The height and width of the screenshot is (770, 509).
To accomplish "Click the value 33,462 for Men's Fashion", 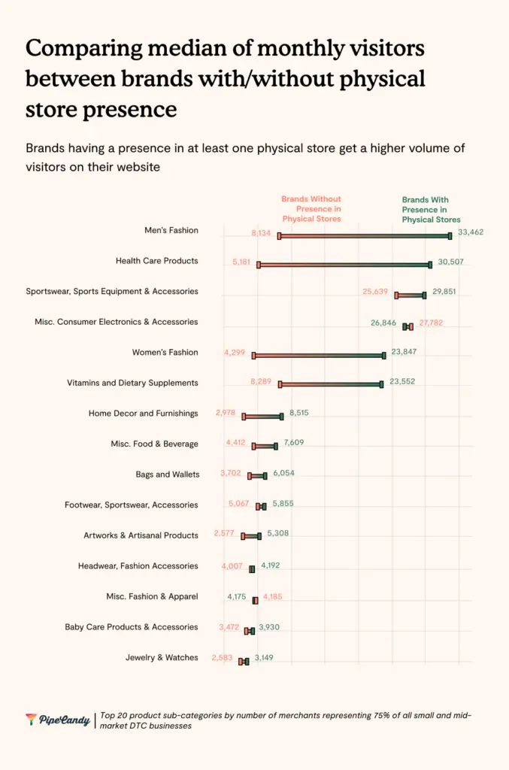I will [x=471, y=232].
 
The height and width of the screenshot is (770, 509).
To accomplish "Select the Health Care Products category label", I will [x=156, y=261].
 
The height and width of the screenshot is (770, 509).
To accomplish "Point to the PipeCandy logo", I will [x=58, y=720].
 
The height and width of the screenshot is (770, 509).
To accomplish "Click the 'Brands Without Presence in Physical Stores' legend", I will [x=311, y=209].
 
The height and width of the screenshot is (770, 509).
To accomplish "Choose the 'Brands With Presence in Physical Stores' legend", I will [x=431, y=210].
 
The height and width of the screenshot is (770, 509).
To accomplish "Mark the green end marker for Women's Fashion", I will [x=383, y=355].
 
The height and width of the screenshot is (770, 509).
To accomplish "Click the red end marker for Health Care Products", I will [x=259, y=265].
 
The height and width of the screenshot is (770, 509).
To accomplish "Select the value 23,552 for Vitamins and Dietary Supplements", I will [x=402, y=381].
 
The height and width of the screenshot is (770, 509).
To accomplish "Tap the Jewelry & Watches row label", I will [x=162, y=657].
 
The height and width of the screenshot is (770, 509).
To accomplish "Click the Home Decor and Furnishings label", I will [x=143, y=413].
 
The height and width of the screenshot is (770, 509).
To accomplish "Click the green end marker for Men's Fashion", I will [x=450, y=236].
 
